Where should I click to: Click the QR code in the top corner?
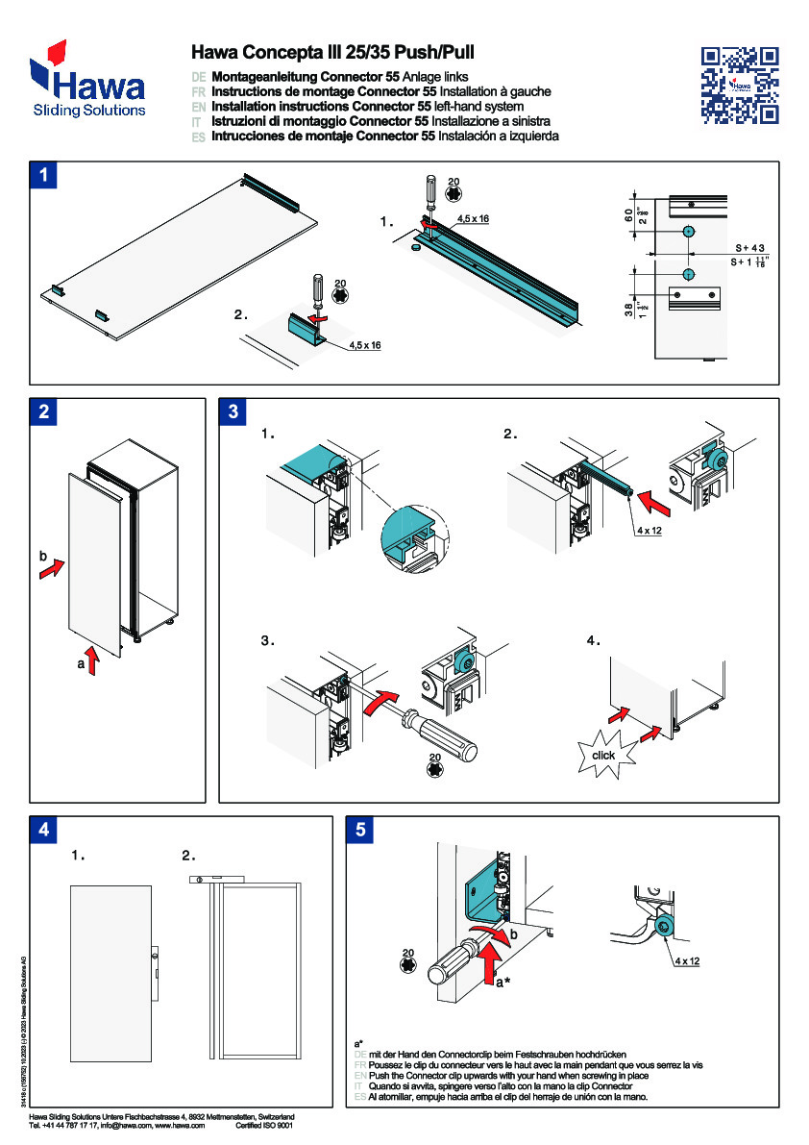(740, 85)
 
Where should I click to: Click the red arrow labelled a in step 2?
(92, 661)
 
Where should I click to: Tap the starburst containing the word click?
(603, 755)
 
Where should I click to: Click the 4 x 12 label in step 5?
(687, 960)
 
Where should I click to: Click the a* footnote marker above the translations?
(358, 1043)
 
